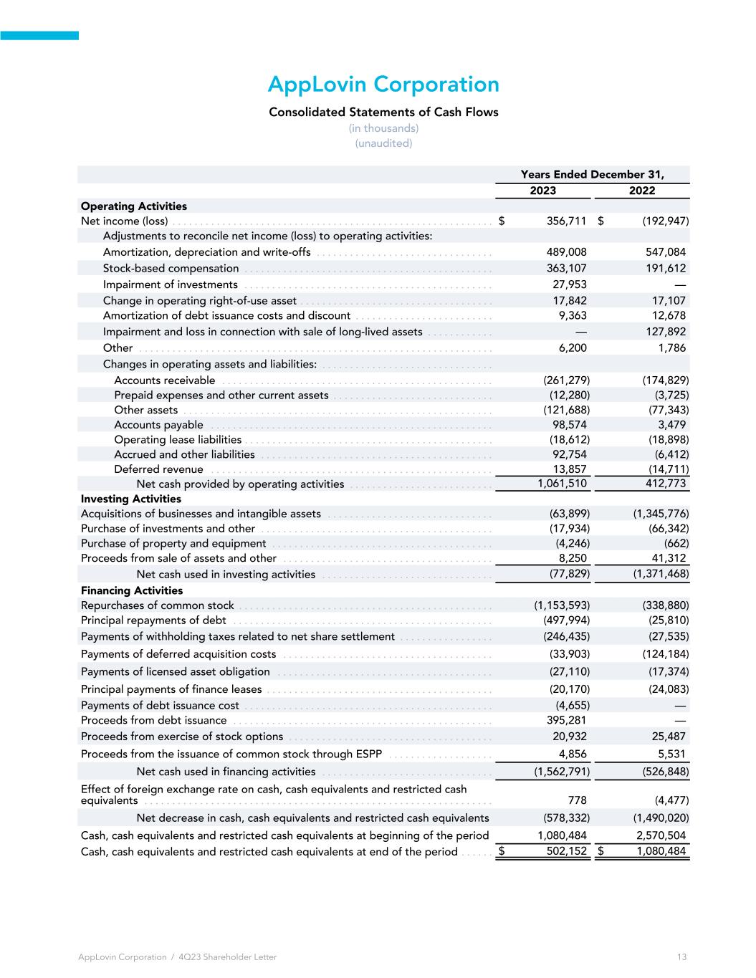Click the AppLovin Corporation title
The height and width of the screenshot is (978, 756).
(x=383, y=85)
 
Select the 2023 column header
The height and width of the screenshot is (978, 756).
(x=542, y=191)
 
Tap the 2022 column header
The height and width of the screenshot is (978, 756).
(x=641, y=191)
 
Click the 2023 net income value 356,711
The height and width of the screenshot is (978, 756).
(x=566, y=221)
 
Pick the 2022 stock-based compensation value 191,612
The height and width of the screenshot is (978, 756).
(x=666, y=269)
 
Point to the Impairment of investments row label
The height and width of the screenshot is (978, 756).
(x=170, y=285)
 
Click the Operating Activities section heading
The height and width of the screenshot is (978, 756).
(x=134, y=206)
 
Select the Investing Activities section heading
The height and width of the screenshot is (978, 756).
(x=131, y=499)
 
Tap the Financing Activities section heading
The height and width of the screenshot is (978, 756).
(x=132, y=591)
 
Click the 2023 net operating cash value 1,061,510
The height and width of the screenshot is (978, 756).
(x=562, y=484)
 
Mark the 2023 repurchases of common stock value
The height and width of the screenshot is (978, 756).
(x=562, y=606)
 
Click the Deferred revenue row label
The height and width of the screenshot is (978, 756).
(x=158, y=470)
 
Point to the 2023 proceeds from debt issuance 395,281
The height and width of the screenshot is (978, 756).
(x=566, y=721)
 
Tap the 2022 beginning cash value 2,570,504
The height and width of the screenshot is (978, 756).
(x=661, y=836)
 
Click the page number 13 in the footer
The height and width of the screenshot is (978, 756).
(x=681, y=957)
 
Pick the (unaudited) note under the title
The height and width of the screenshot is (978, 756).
(x=383, y=143)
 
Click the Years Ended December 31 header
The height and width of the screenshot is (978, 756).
(x=592, y=175)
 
